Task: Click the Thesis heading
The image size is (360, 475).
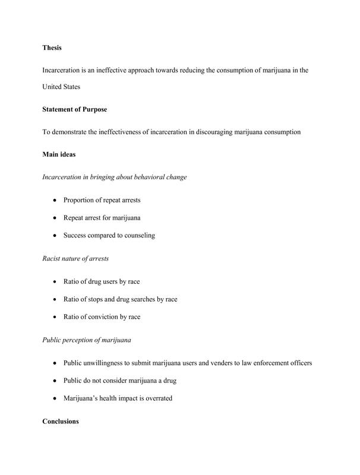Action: pyautogui.click(x=52, y=47)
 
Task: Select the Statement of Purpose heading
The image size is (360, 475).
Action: pyautogui.click(x=74, y=109)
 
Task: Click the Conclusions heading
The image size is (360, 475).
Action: pyautogui.click(x=61, y=422)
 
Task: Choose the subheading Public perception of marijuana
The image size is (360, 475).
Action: pyautogui.click(x=87, y=340)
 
